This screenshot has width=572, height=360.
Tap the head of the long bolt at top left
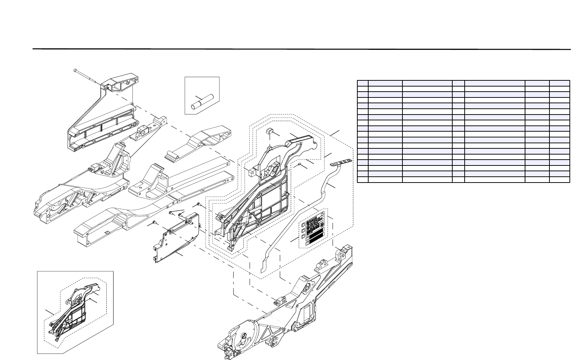pyautogui.click(x=75, y=70)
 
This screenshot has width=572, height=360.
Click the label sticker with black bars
pyautogui.click(x=313, y=231)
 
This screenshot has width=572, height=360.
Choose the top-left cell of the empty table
pyautogui.click(x=363, y=83)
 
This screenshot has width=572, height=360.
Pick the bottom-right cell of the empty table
pyautogui.click(x=560, y=179)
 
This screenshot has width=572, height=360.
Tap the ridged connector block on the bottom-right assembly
pyautogui.click(x=278, y=301)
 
